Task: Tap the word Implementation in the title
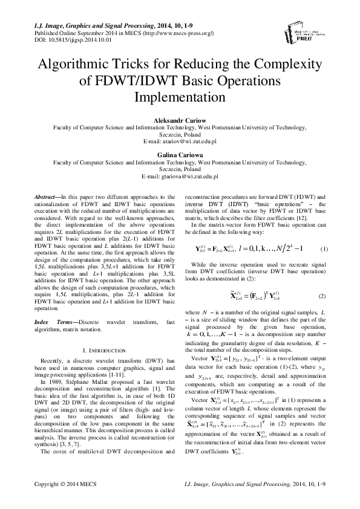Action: click(x=180, y=97)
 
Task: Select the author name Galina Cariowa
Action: click(x=180, y=155)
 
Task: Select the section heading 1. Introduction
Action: click(x=102, y=350)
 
